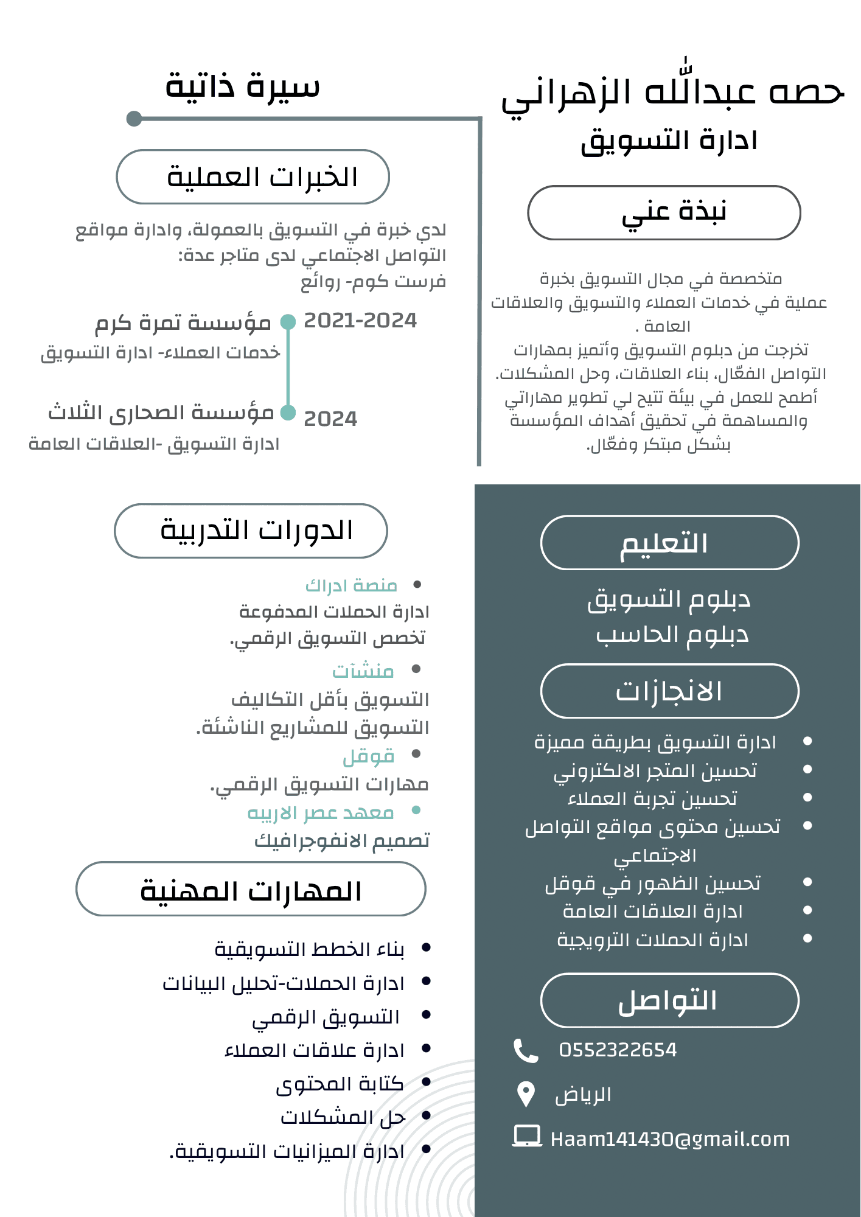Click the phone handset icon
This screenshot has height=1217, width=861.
tap(526, 1050)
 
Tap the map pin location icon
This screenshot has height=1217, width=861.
tap(525, 1095)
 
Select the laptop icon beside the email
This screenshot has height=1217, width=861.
tap(527, 1137)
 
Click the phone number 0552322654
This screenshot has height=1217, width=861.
tap(618, 1050)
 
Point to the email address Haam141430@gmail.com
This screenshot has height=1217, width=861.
tap(670, 1139)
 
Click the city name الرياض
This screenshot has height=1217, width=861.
tap(583, 1095)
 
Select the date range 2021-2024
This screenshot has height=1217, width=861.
tap(360, 321)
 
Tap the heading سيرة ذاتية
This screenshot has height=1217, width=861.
tap(242, 86)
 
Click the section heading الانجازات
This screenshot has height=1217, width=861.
tap(669, 691)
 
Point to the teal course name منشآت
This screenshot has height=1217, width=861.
tap(363, 671)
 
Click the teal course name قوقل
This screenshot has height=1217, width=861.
tap(369, 756)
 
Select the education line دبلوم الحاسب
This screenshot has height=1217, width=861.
tap(672, 635)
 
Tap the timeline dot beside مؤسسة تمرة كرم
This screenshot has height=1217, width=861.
tap(288, 322)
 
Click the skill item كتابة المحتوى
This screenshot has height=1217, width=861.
tap(340, 1084)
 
